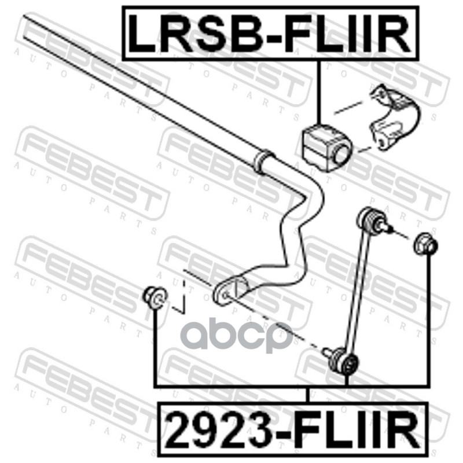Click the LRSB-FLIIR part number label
270,33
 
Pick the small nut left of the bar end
155,296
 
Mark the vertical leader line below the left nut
155,347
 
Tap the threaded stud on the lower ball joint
328,350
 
